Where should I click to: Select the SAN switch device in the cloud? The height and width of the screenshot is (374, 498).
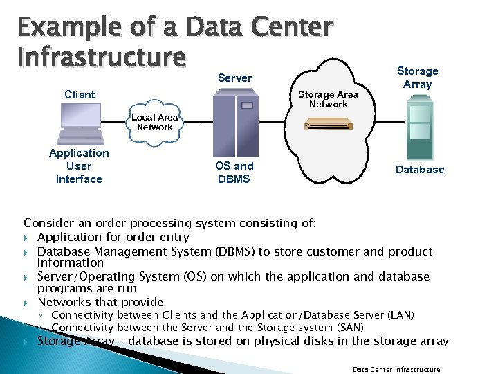[x=329, y=123]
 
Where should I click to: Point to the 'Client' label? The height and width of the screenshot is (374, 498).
[x=80, y=94]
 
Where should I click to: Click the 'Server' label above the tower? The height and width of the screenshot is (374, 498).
[x=235, y=78]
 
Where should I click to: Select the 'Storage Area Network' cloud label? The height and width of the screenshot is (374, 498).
[x=329, y=99]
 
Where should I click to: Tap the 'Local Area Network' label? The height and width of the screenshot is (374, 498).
[x=155, y=123]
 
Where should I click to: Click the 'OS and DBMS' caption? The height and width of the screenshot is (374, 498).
[x=234, y=172]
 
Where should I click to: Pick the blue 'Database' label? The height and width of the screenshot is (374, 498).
[x=420, y=169]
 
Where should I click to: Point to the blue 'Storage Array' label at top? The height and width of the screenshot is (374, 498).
[x=417, y=78]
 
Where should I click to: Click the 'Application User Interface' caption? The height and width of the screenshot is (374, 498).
[x=79, y=166]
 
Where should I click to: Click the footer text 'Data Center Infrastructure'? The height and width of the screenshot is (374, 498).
[x=396, y=369]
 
